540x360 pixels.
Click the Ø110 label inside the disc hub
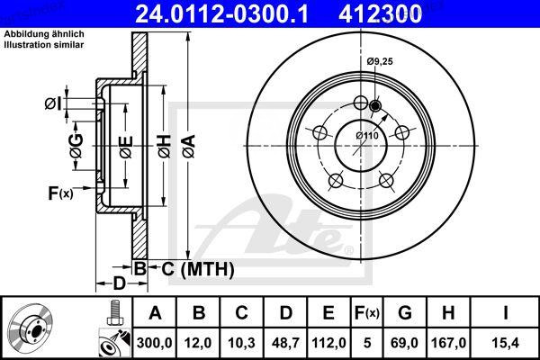366,135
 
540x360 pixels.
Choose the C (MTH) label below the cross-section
197,268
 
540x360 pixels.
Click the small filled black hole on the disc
375,106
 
